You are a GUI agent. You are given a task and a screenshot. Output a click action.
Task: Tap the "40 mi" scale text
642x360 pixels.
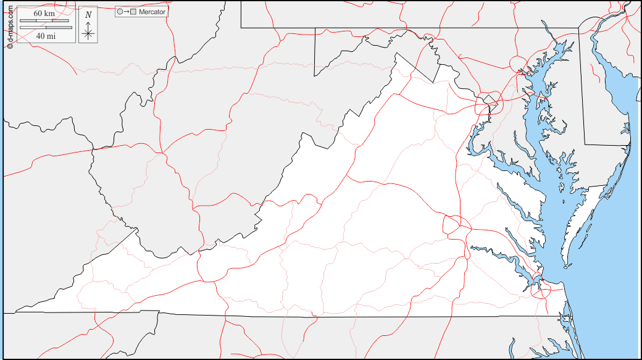[x=46, y=36]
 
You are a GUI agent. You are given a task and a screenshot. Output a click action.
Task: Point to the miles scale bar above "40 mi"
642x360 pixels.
[x=46, y=28]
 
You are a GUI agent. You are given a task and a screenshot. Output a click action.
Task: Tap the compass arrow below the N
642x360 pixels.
[x=88, y=31]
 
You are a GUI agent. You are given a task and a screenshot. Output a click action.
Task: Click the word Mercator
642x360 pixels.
[x=152, y=12]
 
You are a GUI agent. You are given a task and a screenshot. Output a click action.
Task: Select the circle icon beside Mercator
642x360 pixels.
[x=120, y=12]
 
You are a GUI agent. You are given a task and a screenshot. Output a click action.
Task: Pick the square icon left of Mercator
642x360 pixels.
[x=133, y=12]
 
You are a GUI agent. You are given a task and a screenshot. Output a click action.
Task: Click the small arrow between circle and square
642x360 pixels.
[x=126, y=12]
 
